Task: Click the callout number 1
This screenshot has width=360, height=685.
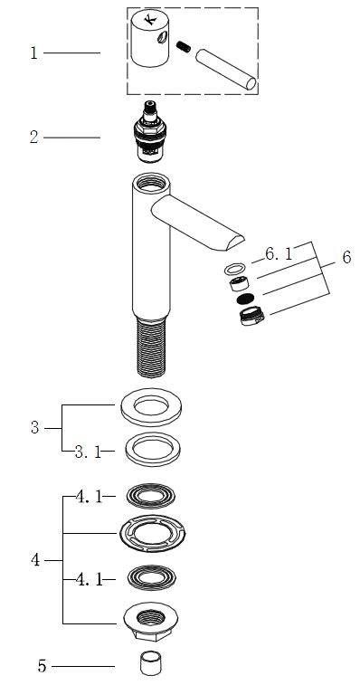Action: click(33, 53)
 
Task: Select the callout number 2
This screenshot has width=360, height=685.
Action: click(34, 138)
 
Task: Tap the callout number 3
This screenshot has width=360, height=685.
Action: click(35, 428)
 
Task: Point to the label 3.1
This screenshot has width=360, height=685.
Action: click(88, 452)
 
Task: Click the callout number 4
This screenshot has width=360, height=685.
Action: click(35, 560)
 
